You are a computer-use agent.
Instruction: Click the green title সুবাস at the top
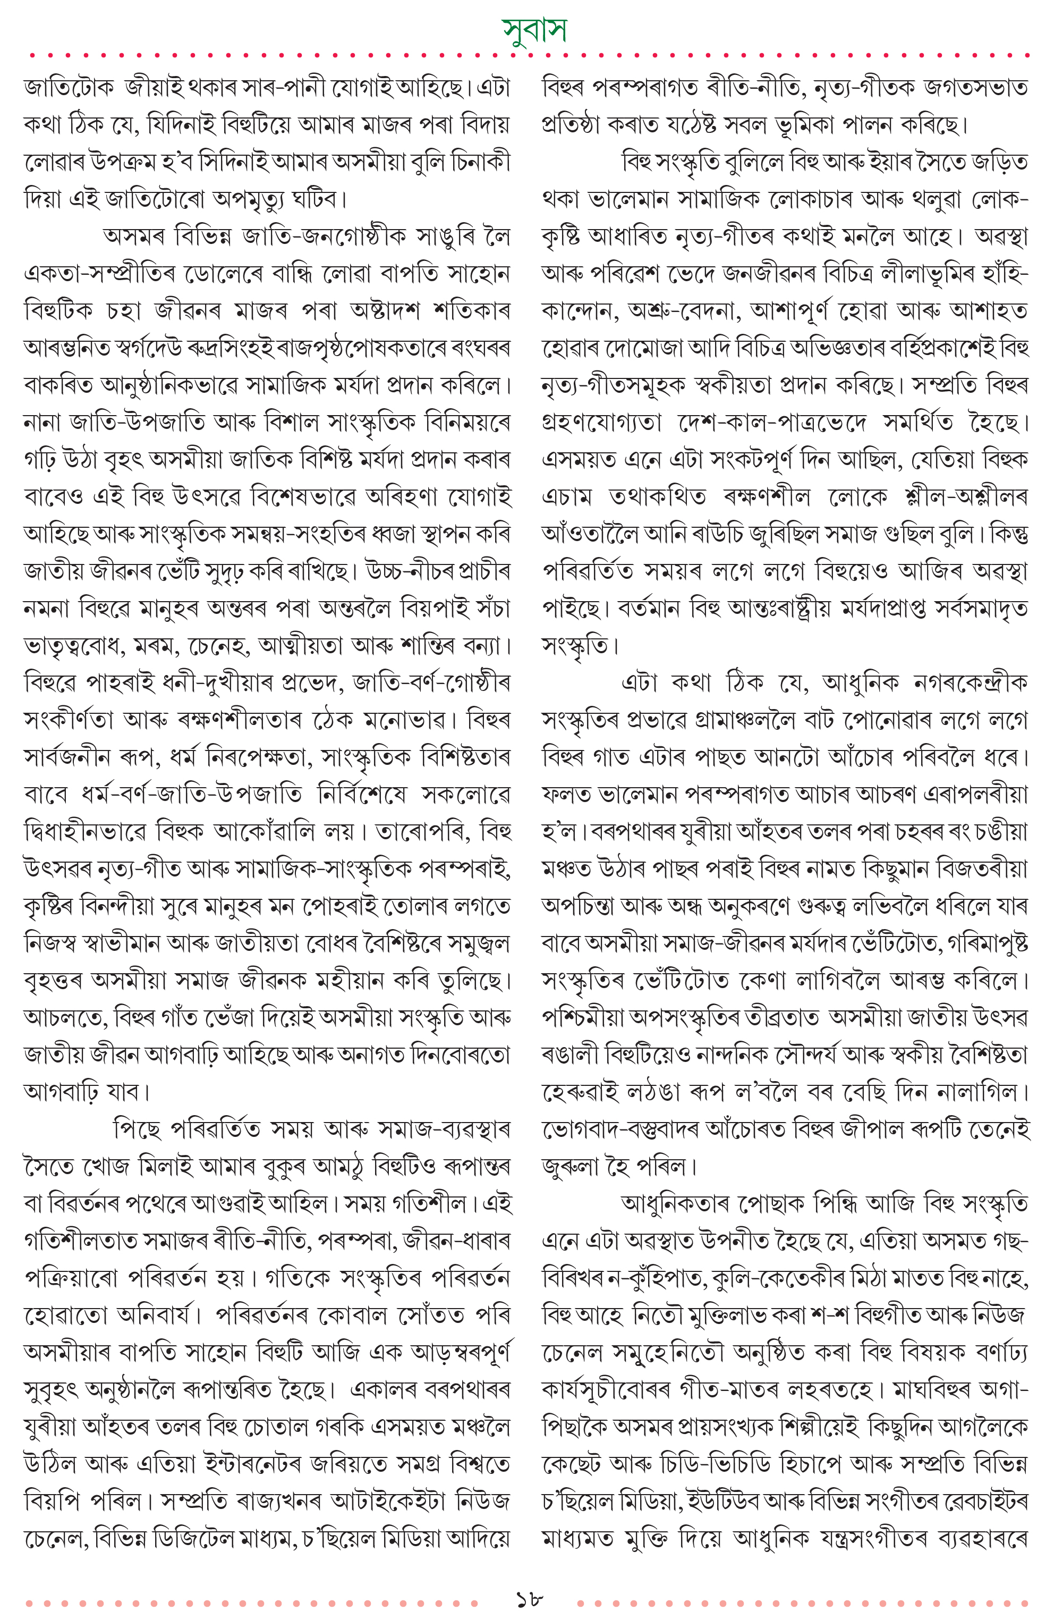click(x=534, y=29)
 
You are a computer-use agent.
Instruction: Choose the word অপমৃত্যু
click(x=248, y=199)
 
